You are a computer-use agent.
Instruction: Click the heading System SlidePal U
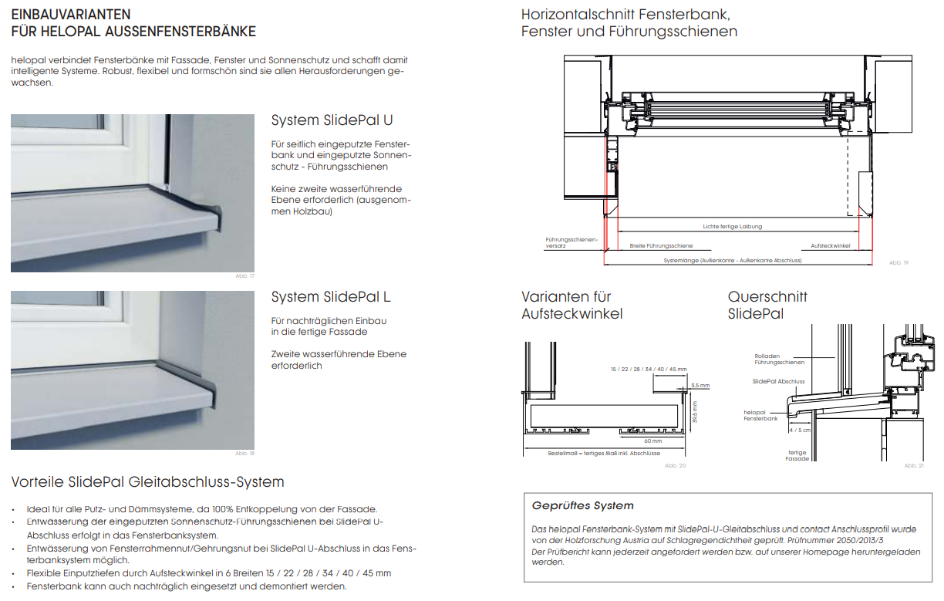coord(332,121)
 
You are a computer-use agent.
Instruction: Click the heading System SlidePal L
coord(331,297)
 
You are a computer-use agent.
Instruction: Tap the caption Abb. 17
coord(244,276)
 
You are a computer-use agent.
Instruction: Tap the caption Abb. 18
coord(244,454)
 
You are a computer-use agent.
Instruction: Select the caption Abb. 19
coord(898,263)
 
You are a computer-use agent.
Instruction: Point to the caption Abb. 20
coord(675,466)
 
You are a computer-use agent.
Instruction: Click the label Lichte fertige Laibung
coord(732,227)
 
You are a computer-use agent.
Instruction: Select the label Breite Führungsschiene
coord(661,245)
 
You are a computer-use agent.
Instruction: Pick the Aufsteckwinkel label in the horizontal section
coord(831,245)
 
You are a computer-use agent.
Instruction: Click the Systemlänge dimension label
coord(733,261)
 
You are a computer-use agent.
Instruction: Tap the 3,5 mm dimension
coord(700,385)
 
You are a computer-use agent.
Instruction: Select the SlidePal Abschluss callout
coord(778,381)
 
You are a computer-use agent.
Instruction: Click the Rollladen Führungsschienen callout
coord(779,359)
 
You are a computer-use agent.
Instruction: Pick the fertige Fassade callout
coord(797,455)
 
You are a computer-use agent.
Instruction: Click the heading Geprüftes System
coord(582,506)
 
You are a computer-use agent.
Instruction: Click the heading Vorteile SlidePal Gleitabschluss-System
coord(147,482)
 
